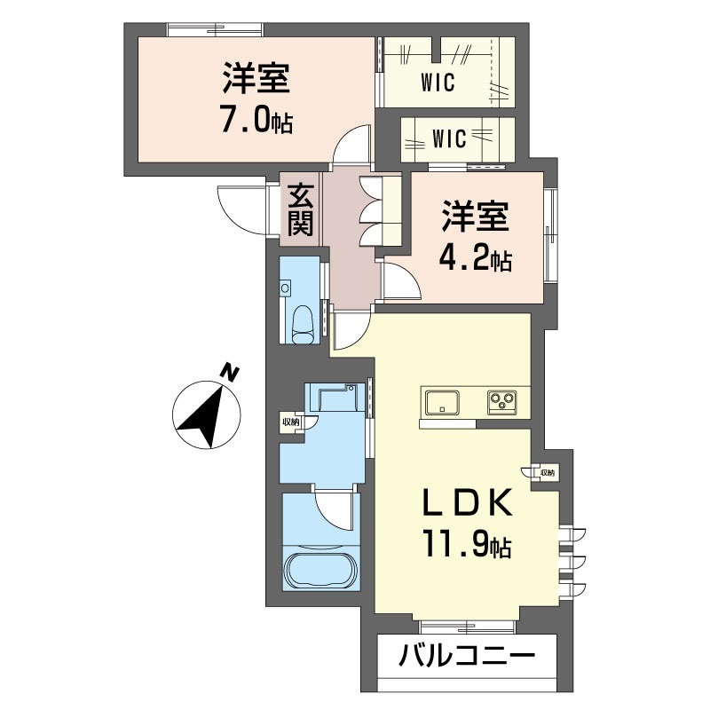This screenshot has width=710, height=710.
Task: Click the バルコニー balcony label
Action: tap(467, 658)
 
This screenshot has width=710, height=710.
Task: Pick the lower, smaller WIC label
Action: tap(450, 138)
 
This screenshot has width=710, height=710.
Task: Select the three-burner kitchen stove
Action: tap(502, 402)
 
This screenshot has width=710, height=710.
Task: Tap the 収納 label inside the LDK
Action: tap(545, 473)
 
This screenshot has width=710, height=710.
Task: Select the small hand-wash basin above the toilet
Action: tap(285, 288)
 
